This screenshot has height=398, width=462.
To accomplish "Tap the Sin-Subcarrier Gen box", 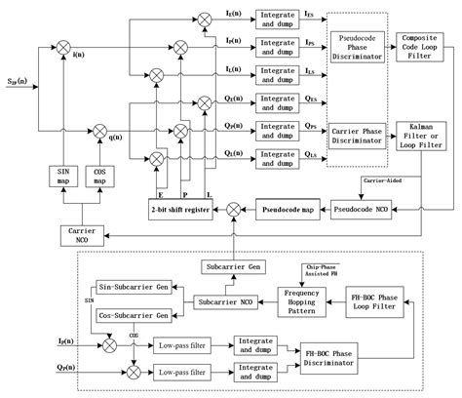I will pyautogui.click(x=135, y=289).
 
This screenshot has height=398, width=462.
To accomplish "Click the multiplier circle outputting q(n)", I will pyautogui.click(x=99, y=127).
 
